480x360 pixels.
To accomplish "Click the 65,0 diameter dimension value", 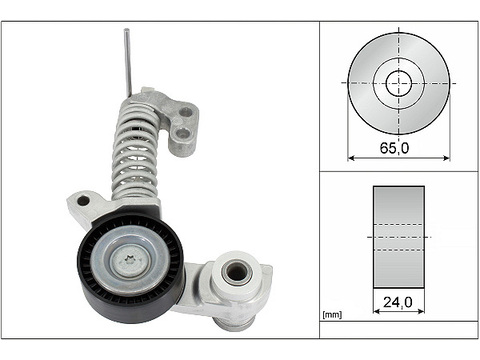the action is coord(394,148).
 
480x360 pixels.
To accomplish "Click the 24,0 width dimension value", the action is coord(398,302).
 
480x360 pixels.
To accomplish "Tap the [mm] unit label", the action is coord(332,315).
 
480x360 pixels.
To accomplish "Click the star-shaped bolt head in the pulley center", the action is coord(128,258).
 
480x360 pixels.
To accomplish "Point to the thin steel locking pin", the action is coord(128,62).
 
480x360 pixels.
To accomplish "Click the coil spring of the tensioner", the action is coord(136,152).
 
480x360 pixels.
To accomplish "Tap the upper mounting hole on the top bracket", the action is coord(185,113).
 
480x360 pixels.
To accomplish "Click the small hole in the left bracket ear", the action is coord(83,201).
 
